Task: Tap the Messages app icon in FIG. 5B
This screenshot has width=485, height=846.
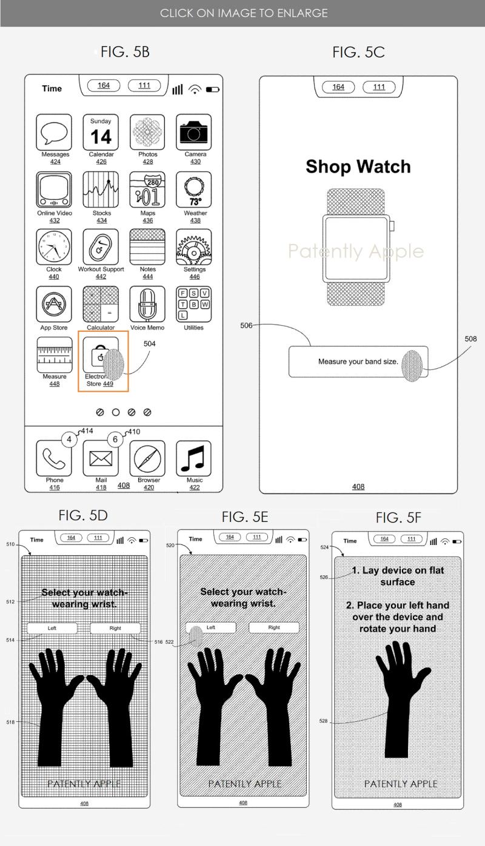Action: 55,131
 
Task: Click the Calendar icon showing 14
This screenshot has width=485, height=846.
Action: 101,131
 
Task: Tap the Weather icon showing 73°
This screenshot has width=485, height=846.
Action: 194,190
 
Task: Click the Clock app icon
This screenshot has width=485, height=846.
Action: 55,247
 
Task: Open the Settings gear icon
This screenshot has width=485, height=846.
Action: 194,247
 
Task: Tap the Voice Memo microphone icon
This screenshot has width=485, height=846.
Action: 147,305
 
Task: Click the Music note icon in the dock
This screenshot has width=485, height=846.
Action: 194,458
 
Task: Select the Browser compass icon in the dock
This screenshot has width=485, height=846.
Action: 147,458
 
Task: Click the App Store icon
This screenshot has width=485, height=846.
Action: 55,305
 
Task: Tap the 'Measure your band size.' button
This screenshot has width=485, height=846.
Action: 358,362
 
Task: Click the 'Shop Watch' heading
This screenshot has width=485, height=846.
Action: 358,167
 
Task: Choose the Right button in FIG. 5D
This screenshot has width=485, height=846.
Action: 115,628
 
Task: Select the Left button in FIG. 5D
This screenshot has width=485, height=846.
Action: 52,628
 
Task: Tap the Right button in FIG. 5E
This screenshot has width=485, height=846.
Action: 274,627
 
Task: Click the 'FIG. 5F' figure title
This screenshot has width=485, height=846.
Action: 398,518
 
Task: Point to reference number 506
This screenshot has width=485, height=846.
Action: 246,326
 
